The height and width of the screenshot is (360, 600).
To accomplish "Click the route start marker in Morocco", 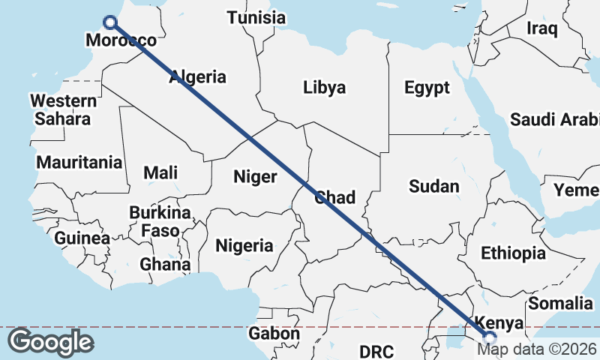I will click(x=110, y=22).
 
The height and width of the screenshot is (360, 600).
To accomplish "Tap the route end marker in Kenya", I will click(x=488, y=338).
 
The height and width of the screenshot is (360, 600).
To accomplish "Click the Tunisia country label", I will click(x=256, y=17).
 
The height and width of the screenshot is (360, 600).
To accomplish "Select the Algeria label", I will click(x=197, y=76).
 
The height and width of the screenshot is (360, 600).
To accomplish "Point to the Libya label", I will click(x=325, y=87).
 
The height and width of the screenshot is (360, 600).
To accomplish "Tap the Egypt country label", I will click(x=427, y=87).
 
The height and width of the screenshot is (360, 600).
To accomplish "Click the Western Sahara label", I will click(x=63, y=109).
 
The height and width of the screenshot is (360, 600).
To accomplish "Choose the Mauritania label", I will click(x=79, y=162).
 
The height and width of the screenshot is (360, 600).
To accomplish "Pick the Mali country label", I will click(x=160, y=172).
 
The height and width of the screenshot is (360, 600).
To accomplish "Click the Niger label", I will click(x=255, y=177).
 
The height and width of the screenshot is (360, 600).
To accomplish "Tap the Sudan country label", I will click(x=434, y=186).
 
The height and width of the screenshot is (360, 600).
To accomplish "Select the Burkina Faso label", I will click(x=160, y=221).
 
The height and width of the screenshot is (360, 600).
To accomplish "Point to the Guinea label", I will click(x=82, y=238).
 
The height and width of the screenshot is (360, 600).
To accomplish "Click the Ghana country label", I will click(x=165, y=264).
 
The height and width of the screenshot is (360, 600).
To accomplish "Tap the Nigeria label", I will click(x=244, y=245).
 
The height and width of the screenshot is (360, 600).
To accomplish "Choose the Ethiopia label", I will click(x=513, y=253).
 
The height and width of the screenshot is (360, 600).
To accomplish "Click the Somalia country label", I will click(x=560, y=303).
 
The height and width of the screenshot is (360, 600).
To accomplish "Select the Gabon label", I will click(x=274, y=334).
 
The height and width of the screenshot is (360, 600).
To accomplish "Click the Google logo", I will click(x=50, y=342).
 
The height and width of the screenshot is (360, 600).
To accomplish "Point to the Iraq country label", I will click(x=542, y=28).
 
